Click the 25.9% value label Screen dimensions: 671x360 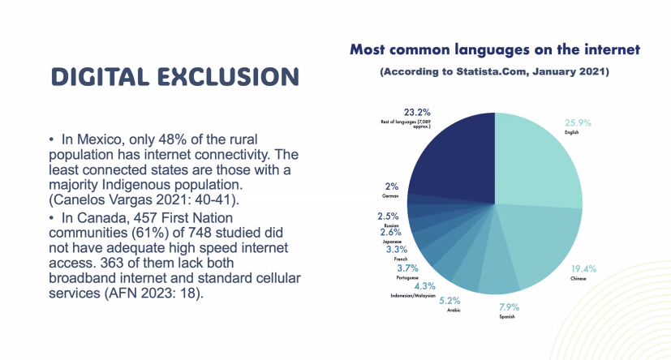[578, 123]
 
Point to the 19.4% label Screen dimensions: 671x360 [583, 269]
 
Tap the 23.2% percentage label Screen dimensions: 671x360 [417, 113]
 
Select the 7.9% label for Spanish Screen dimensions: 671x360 [509, 307]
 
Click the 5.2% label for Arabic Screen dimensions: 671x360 [449, 301]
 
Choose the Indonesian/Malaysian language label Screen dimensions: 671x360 [413, 295]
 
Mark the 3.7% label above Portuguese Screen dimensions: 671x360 [407, 268]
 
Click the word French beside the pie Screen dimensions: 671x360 [401, 259]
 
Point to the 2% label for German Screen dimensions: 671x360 [392, 186]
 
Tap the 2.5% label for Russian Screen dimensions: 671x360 [388, 216]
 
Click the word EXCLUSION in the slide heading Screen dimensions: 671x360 [228, 77]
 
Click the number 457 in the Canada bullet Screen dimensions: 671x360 [144, 218]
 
